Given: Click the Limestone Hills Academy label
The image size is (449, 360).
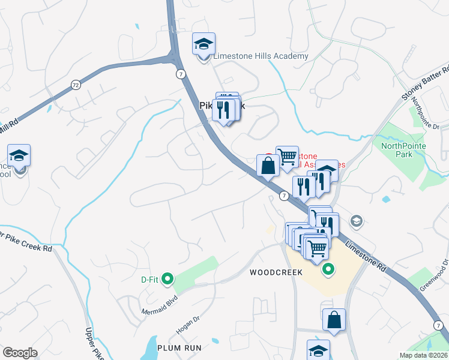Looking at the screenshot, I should click(x=261, y=56).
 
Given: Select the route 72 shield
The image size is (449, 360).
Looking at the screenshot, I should click(x=75, y=85).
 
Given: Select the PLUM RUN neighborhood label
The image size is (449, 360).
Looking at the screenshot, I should click(x=179, y=347).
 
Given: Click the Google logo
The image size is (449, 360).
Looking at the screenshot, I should click(x=20, y=353).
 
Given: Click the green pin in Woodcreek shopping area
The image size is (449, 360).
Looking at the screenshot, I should click(x=327, y=269).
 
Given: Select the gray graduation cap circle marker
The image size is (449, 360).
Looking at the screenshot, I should click(x=357, y=222).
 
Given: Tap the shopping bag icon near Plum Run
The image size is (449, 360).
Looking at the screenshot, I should click(x=334, y=320).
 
